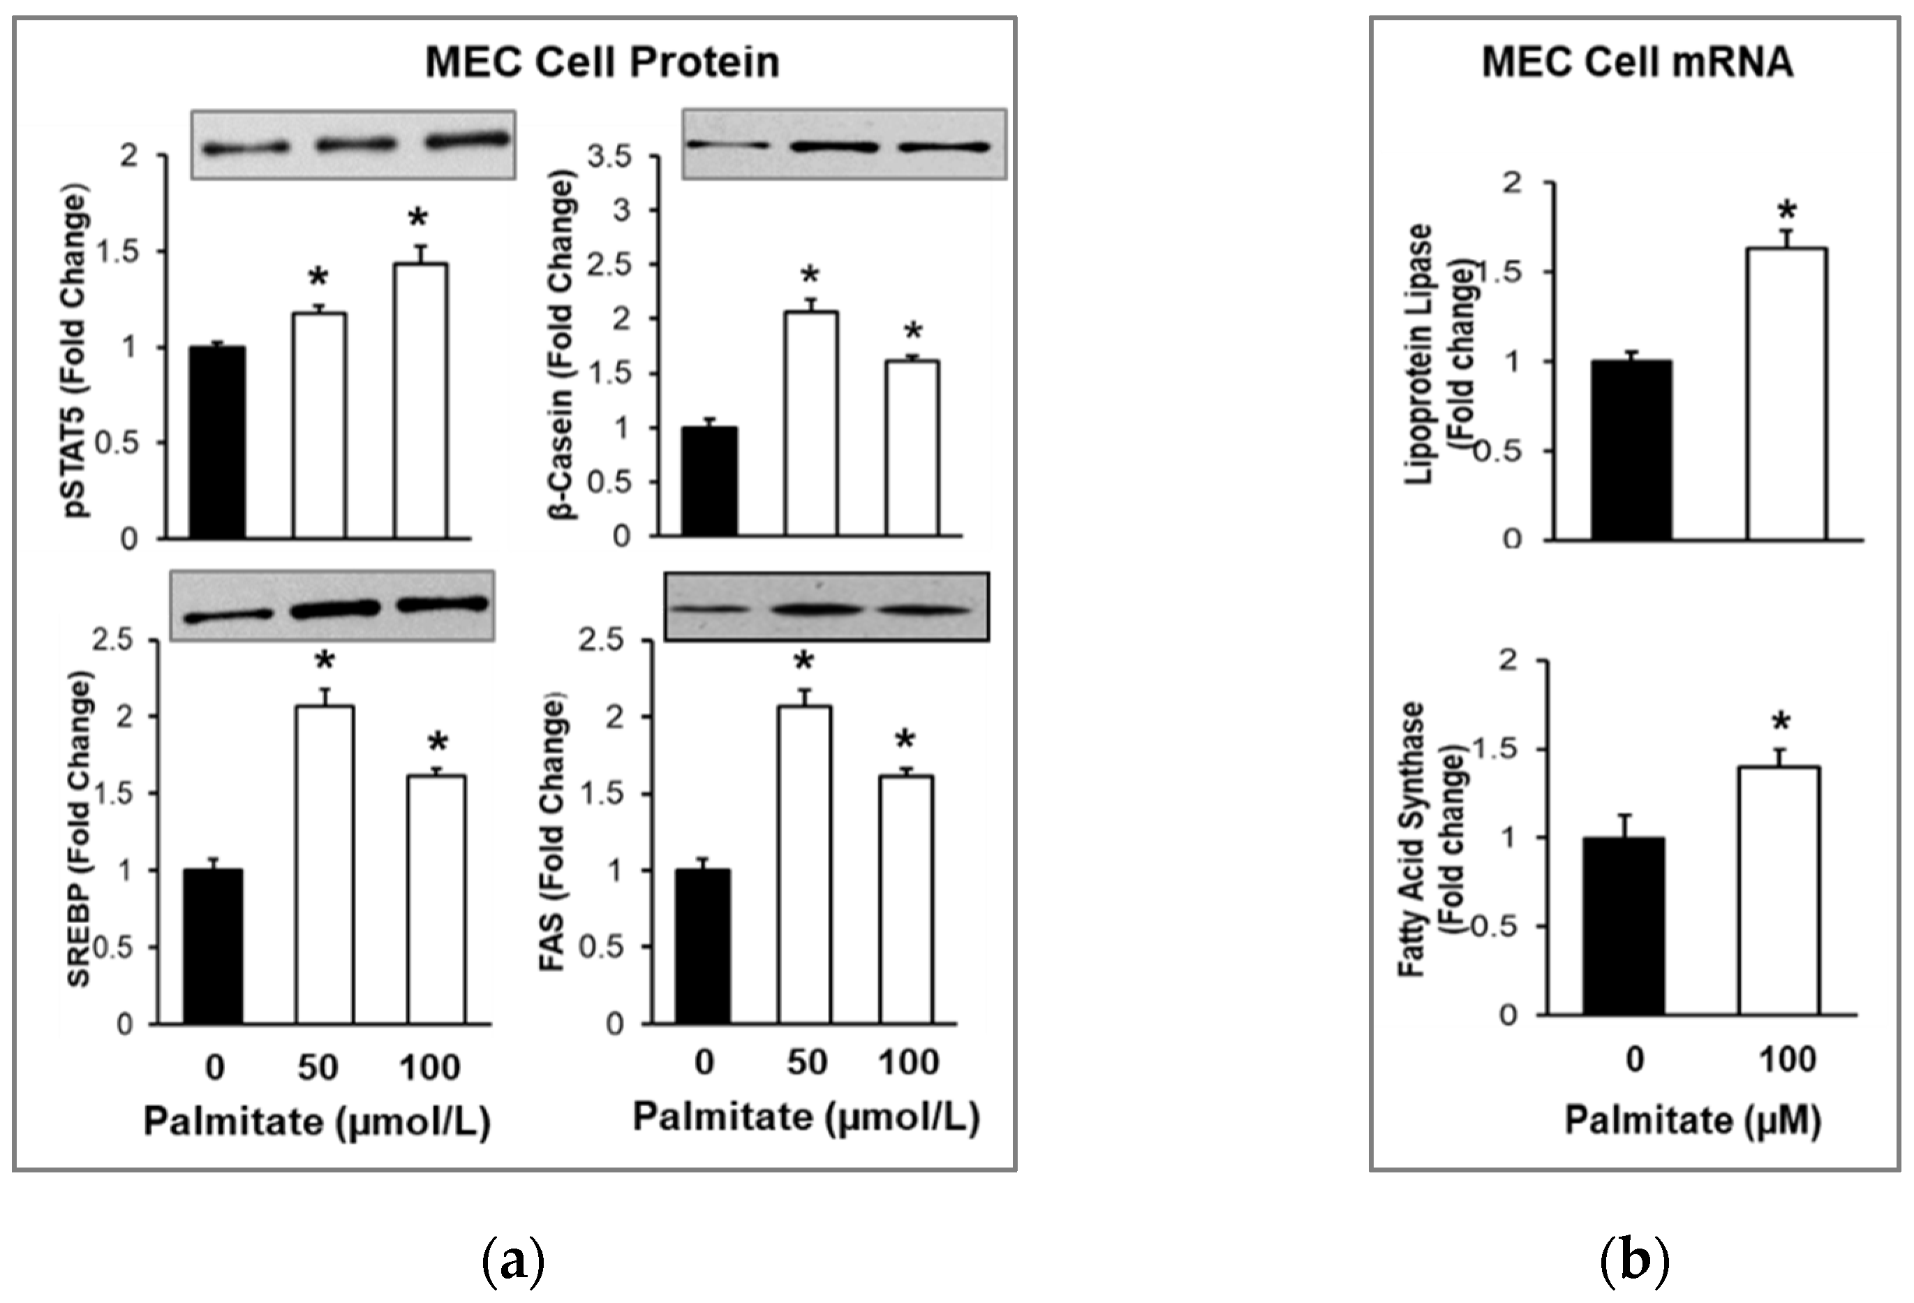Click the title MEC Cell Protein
602,63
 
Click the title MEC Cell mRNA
1638,63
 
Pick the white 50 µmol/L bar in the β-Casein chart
811,424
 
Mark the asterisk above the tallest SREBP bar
325,661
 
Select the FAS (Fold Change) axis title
554,832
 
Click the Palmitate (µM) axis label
1693,1121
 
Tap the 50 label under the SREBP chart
317,1068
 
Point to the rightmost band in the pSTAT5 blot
466,140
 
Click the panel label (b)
1635,1261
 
